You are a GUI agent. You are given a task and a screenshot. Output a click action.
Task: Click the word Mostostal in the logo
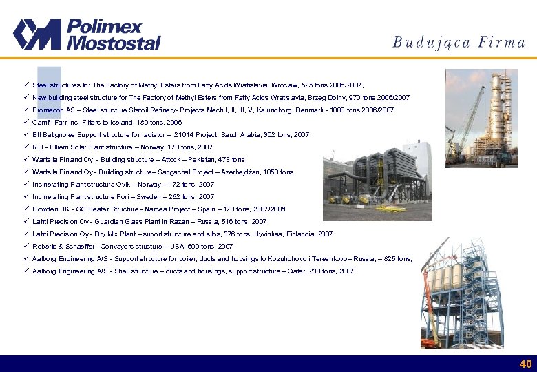click(x=114, y=43)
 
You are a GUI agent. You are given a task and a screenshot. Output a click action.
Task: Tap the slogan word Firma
click(x=504, y=42)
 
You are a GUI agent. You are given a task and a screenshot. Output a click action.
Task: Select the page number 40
click(x=525, y=364)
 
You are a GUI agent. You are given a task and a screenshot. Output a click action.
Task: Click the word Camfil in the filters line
click(x=43, y=123)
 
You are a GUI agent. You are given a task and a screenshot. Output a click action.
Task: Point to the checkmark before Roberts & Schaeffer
click(x=25, y=246)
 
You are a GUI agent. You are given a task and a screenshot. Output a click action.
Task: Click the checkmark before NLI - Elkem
click(x=25, y=147)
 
